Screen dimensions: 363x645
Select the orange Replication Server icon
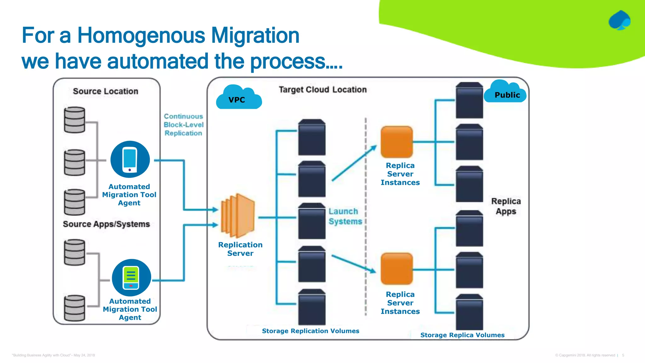pos(238,216)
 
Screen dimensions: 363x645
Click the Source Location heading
pos(106,91)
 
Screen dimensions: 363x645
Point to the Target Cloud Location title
pos(322,90)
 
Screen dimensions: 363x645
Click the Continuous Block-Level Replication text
pos(183,125)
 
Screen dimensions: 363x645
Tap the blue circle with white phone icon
pos(130,159)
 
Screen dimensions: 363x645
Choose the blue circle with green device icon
pos(131,278)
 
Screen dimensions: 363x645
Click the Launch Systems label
pos(345,216)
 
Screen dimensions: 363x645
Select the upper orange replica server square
pos(397,142)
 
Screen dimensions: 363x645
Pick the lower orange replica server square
pos(397,269)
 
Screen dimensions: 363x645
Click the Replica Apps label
pos(506,206)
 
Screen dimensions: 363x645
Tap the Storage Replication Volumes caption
pos(311,331)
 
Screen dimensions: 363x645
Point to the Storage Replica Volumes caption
pos(462,335)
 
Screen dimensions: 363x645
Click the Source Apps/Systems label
pos(106,224)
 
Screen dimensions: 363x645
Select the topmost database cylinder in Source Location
pos(75,120)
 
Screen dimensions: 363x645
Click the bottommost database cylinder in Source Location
pos(75,308)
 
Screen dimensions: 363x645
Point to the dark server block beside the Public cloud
pos(469,101)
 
